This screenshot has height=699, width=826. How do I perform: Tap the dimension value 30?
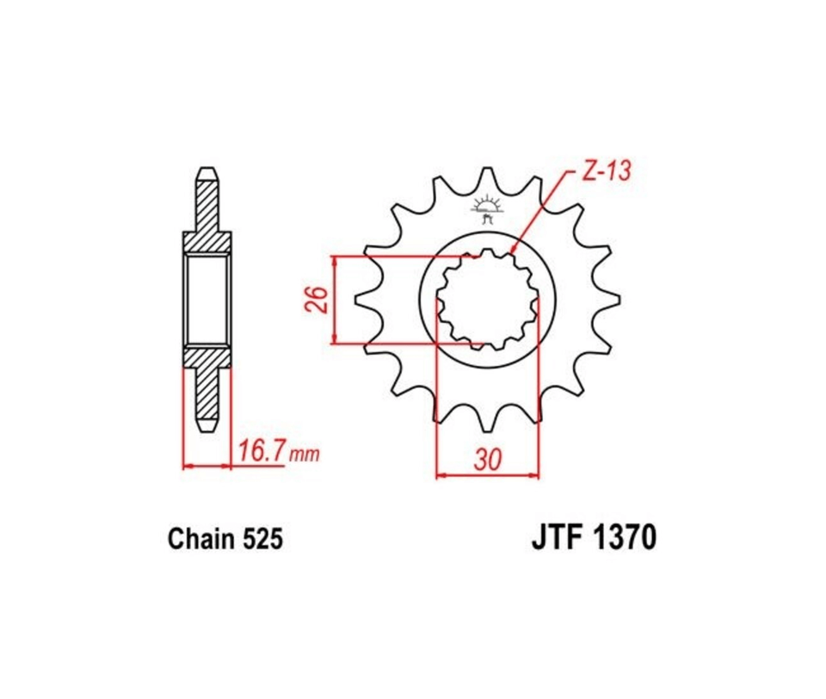(487, 460)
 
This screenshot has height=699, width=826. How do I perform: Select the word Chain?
(200, 540)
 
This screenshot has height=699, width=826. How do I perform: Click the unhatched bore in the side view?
(206, 300)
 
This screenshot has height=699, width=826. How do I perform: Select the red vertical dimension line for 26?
(334, 300)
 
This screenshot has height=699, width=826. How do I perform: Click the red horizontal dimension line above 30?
(487, 473)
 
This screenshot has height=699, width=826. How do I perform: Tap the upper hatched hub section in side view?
(206, 243)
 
